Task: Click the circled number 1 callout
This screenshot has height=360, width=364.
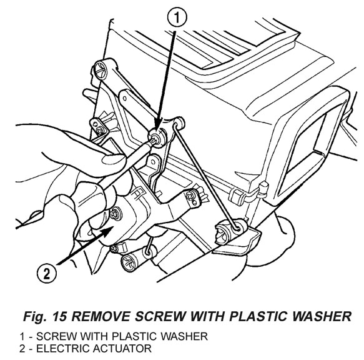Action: [177, 18]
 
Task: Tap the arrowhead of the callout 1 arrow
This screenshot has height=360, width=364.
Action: [158, 127]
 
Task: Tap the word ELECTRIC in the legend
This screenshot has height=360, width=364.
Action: [62, 349]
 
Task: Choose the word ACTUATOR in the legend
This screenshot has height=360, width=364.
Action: [122, 349]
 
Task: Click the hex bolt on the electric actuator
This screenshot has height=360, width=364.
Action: [114, 214]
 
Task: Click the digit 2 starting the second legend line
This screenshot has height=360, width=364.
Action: [22, 349]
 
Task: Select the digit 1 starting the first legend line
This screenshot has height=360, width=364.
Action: [22, 336]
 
